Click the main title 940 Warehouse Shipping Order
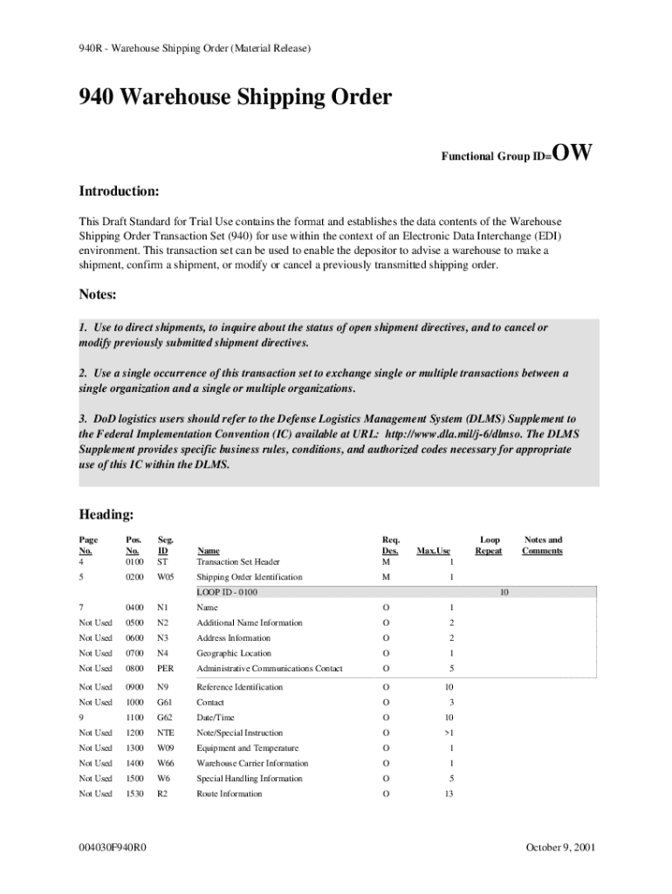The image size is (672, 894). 236,98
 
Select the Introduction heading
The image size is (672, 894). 119,190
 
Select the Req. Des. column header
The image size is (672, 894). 390,546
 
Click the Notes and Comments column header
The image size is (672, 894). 542,546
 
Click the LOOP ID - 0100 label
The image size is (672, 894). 227,593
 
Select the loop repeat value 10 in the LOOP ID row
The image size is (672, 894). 504,593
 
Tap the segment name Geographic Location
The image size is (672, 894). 234,653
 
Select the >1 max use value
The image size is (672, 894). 450,732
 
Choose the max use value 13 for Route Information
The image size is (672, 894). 449,794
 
